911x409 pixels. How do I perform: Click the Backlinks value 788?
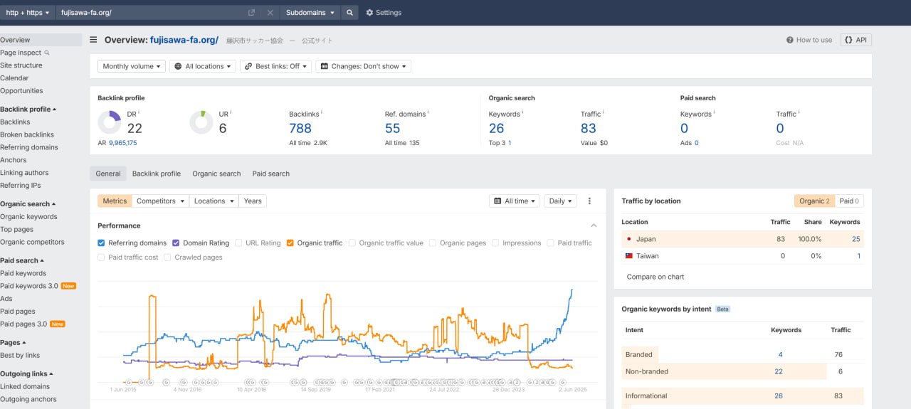click(300, 129)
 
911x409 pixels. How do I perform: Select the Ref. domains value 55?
click(392, 129)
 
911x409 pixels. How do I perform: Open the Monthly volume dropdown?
click(132, 66)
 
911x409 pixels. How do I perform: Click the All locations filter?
click(203, 66)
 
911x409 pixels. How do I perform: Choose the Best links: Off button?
click(275, 66)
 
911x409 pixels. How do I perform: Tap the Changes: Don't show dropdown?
click(363, 66)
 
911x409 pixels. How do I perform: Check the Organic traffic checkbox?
click(290, 243)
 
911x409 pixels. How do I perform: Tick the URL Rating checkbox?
click(238, 243)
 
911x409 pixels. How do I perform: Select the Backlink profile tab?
click(156, 174)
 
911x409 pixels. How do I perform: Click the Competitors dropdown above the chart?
click(160, 201)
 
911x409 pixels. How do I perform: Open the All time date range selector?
click(515, 201)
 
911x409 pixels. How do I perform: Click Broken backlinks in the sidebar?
click(27, 134)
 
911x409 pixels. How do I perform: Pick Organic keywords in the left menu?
click(28, 217)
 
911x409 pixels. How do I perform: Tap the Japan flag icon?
click(628, 239)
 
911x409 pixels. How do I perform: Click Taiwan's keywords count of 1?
click(858, 256)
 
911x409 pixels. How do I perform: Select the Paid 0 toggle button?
click(849, 201)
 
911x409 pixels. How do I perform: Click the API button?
click(855, 40)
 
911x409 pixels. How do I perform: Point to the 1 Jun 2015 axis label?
click(123, 390)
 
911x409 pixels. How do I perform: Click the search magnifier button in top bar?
click(349, 13)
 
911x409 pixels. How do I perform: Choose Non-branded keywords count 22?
click(779, 371)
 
